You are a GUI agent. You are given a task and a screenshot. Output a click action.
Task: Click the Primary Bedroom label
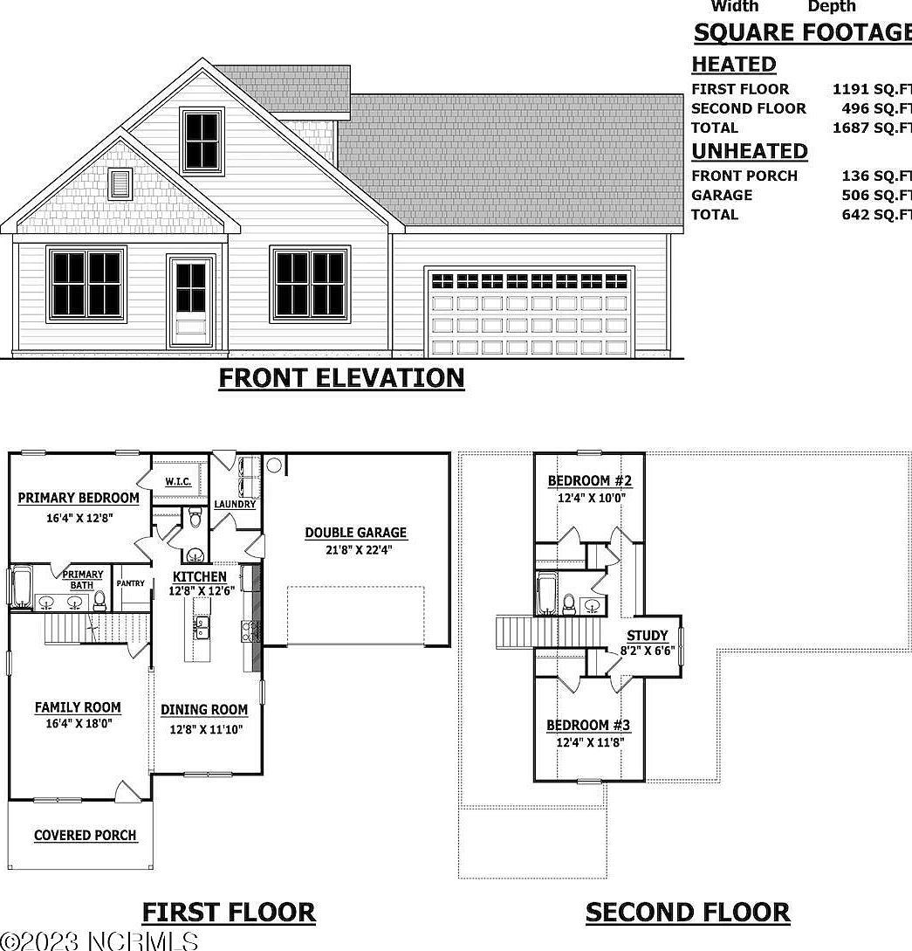pyautogui.click(x=79, y=499)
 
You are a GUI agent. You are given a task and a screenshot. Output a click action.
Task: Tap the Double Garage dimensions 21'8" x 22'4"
pyautogui.click(x=355, y=551)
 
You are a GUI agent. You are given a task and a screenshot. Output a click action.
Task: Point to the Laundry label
pyautogui.click(x=235, y=504)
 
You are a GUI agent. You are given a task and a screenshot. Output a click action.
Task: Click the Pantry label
pyautogui.click(x=131, y=583)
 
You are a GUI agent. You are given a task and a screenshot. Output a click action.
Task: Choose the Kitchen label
pyautogui.click(x=199, y=576)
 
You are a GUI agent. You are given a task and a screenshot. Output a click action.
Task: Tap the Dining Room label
pyautogui.click(x=204, y=710)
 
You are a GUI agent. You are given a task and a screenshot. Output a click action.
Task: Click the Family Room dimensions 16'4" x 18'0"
pyautogui.click(x=78, y=723)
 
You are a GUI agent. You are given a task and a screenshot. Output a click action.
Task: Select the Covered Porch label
pyautogui.click(x=85, y=836)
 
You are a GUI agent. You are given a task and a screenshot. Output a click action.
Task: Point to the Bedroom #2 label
pyautogui.click(x=590, y=481)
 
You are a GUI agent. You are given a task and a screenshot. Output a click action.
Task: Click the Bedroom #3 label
pyautogui.click(x=588, y=726)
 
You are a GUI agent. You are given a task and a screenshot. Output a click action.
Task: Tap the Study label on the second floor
pyautogui.click(x=648, y=636)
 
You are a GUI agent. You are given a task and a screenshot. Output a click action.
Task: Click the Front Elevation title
pyautogui.click(x=341, y=378)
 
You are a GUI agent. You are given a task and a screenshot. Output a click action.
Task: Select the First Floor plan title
pyautogui.click(x=229, y=913)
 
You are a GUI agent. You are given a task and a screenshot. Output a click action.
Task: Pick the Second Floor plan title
pyautogui.click(x=688, y=913)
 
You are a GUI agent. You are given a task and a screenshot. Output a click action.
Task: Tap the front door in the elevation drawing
pyautogui.click(x=191, y=300)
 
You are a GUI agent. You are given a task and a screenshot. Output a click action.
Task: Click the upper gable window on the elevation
pyautogui.click(x=202, y=140)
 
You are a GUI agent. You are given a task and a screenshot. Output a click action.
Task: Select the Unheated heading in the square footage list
pyautogui.click(x=750, y=151)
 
